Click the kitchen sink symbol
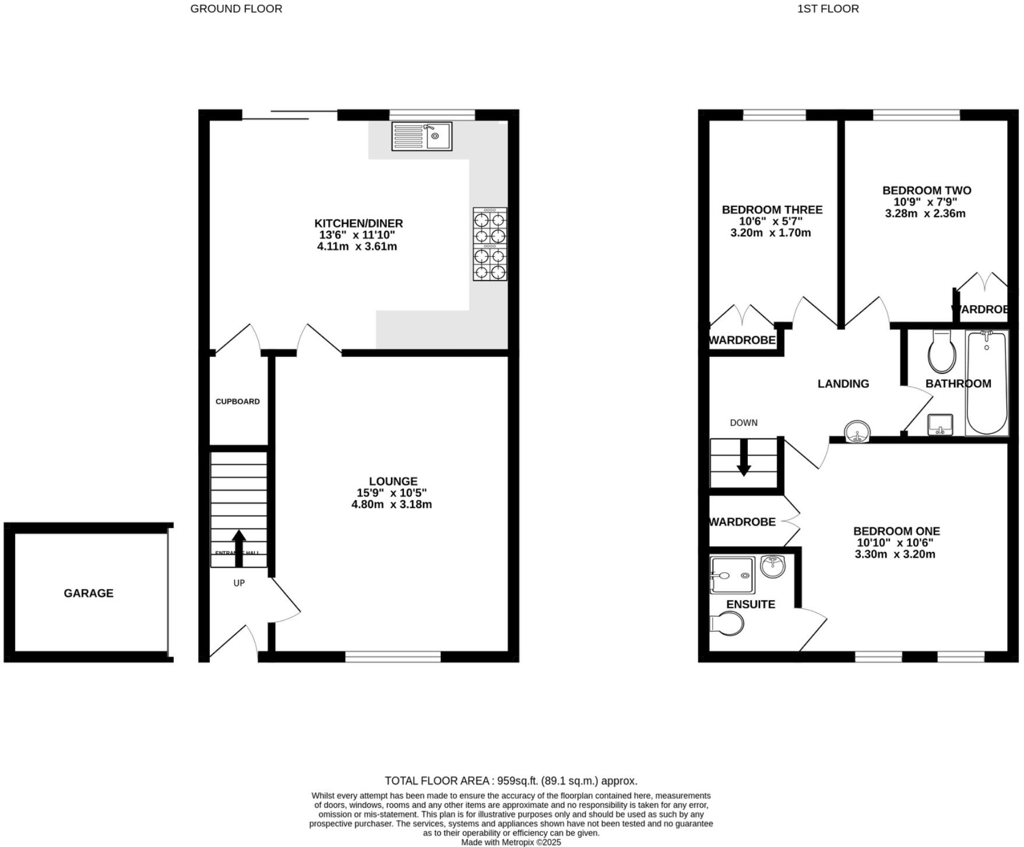pyautogui.click(x=421, y=136)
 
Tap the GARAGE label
pyautogui.click(x=89, y=593)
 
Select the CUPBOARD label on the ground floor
pyautogui.click(x=238, y=401)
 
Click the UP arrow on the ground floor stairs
pyautogui.click(x=239, y=547)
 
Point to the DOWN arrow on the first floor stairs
pyautogui.click(x=744, y=458)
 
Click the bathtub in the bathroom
pyautogui.click(x=986, y=383)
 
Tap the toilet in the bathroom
pyautogui.click(x=942, y=352)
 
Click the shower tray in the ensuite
pyautogui.click(x=732, y=575)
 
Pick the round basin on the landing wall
pyautogui.click(x=857, y=432)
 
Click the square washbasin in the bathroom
pyautogui.click(x=939, y=425)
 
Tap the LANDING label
pyautogui.click(x=843, y=384)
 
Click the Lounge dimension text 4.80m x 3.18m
pyautogui.click(x=392, y=505)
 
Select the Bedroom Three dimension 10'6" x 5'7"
pyautogui.click(x=771, y=221)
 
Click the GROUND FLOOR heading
pyautogui.click(x=236, y=9)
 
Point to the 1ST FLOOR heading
pyautogui.click(x=828, y=9)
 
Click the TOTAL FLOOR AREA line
pyautogui.click(x=511, y=780)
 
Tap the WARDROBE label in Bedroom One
pyautogui.click(x=743, y=522)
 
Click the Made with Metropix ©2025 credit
pyautogui.click(x=511, y=842)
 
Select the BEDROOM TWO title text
pyautogui.click(x=927, y=190)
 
